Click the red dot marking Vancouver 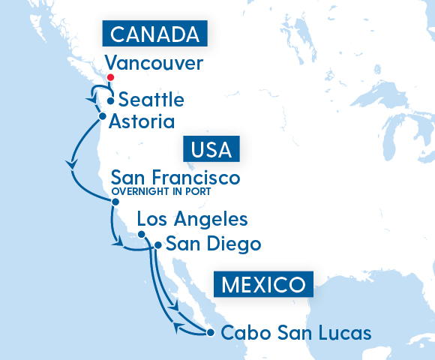[110, 77]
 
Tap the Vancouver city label [154, 63]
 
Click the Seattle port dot [111, 100]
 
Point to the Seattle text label [151, 100]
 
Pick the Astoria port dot [102, 116]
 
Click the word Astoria [142, 121]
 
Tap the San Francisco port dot [115, 202]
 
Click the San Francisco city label [175, 178]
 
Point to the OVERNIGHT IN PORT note [161, 193]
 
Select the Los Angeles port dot [141, 235]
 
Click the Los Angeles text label [192, 220]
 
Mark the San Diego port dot [157, 245]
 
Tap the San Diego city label [213, 244]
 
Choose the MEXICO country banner [262, 284]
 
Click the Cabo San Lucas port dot [210, 332]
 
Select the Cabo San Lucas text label [297, 332]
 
